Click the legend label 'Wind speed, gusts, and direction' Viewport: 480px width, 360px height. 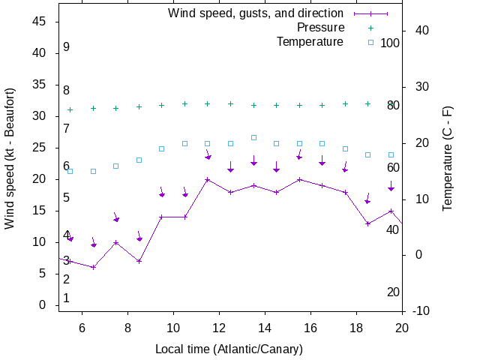256,13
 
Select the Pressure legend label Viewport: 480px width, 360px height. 320,28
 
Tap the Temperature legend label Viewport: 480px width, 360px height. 310,42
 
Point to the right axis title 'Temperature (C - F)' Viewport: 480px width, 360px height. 448,158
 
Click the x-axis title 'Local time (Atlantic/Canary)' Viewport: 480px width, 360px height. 229,349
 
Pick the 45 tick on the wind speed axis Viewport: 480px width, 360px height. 40,22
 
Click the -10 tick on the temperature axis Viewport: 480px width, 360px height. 421,310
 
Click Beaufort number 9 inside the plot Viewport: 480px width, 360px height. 67,47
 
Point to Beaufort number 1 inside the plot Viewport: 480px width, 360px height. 67,298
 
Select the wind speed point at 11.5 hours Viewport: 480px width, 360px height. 208,179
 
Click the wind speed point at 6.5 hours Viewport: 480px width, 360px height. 93,267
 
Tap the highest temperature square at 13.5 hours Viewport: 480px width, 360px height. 253,137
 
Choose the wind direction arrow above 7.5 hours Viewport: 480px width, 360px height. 116,218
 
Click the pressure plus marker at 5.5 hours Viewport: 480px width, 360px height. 70,109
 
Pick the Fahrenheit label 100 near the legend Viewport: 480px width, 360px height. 390,43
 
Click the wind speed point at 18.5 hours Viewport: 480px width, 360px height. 367,223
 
